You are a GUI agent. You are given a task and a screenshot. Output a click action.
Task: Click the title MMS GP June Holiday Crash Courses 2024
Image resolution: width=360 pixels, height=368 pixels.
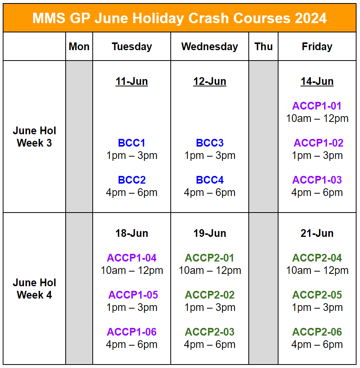[180, 18]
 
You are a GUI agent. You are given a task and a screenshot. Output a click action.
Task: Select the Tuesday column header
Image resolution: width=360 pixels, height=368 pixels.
[132, 47]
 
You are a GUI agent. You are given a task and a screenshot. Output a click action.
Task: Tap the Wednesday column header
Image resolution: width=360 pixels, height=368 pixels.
[209, 47]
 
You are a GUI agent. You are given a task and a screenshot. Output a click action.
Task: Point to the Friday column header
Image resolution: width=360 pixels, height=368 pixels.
[317, 47]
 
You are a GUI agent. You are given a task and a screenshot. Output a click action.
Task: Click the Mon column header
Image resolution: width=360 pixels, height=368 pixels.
[79, 47]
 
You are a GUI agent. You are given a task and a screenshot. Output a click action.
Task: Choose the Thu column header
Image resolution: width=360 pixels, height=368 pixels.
[263, 47]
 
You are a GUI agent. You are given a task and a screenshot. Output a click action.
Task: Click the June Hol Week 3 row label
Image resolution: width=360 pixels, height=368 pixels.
[34, 137]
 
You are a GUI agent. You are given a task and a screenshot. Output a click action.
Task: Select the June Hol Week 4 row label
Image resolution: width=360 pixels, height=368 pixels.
[34, 289]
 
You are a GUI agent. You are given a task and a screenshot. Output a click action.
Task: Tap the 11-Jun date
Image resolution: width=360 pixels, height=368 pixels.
[132, 81]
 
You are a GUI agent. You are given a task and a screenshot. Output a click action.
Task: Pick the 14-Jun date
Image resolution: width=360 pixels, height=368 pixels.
[317, 81]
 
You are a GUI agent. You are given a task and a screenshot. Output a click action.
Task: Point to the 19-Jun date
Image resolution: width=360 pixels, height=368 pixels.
[209, 233]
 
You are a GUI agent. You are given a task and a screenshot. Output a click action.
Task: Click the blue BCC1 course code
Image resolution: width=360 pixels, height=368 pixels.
[132, 143]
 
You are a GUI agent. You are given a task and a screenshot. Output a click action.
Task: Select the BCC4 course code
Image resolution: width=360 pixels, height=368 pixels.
[209, 180]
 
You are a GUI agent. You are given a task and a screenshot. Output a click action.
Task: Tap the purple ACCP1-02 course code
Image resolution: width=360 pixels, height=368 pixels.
[318, 143]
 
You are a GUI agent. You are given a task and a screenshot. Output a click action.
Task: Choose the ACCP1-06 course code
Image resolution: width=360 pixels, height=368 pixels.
[132, 332]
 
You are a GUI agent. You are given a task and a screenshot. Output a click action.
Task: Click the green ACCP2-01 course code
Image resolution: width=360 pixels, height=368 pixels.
[209, 258]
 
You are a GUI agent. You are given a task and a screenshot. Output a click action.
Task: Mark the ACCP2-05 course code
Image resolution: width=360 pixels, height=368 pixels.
[317, 295]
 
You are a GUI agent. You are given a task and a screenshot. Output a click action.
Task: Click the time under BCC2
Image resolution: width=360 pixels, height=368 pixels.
[132, 192]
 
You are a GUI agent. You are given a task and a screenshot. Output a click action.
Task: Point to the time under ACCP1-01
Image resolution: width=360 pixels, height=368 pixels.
[317, 118]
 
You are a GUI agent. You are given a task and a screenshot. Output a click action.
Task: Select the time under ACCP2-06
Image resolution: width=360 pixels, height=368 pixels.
[317, 344]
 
